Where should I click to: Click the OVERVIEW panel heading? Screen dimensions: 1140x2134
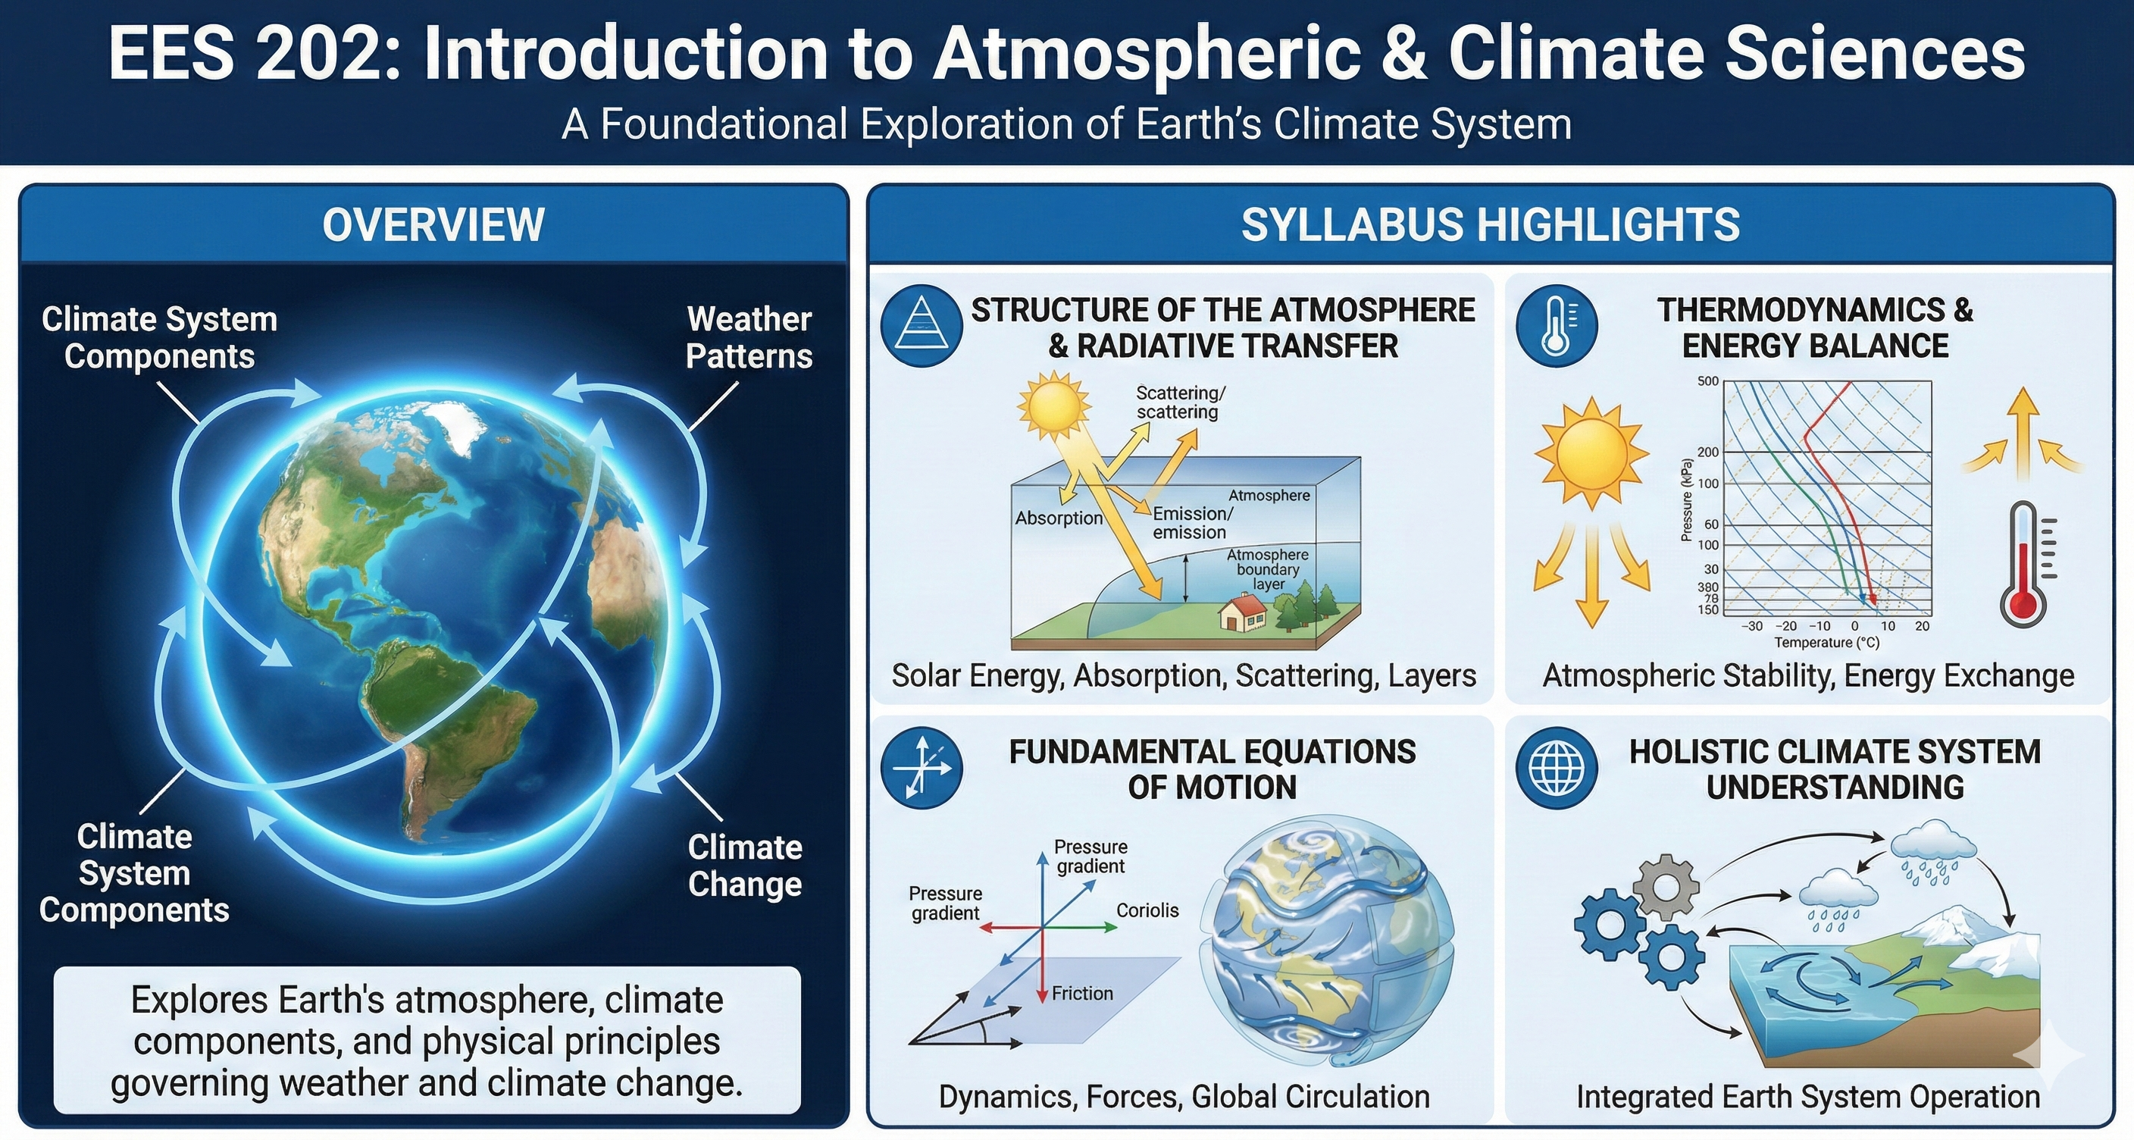pyautogui.click(x=433, y=225)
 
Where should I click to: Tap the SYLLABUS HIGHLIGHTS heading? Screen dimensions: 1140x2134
pyautogui.click(x=1490, y=225)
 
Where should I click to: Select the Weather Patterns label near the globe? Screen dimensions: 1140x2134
pyautogui.click(x=749, y=337)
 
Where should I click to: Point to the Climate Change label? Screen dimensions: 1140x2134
pyautogui.click(x=745, y=865)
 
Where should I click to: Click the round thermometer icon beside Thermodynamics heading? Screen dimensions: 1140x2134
pyautogui.click(x=1557, y=327)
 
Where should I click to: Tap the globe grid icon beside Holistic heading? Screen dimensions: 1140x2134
pyautogui.click(x=1557, y=768)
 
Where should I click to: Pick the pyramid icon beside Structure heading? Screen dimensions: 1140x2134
pyautogui.click(x=921, y=327)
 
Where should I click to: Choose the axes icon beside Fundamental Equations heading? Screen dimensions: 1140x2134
pyautogui.click(x=921, y=768)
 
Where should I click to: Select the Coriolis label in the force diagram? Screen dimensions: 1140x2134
pyautogui.click(x=1147, y=910)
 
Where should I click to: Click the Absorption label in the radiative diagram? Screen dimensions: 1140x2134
pyautogui.click(x=1059, y=518)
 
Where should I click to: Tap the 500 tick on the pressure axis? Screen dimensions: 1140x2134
pyautogui.click(x=1708, y=382)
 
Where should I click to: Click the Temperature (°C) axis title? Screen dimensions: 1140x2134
pyautogui.click(x=1826, y=643)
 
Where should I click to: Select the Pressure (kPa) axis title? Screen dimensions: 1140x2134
pyautogui.click(x=1686, y=500)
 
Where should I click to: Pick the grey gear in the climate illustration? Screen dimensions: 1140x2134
pyautogui.click(x=1665, y=888)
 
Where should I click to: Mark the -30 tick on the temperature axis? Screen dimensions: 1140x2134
pyautogui.click(x=1751, y=626)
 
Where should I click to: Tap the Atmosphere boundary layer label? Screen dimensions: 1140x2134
pyautogui.click(x=1268, y=569)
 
